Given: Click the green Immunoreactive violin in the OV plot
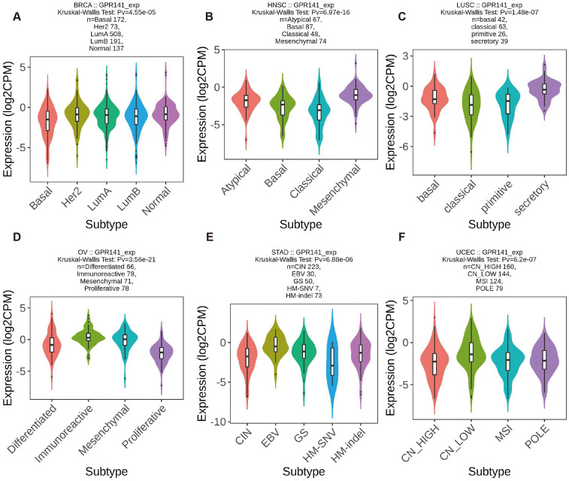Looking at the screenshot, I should pyautogui.click(x=88, y=337).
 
